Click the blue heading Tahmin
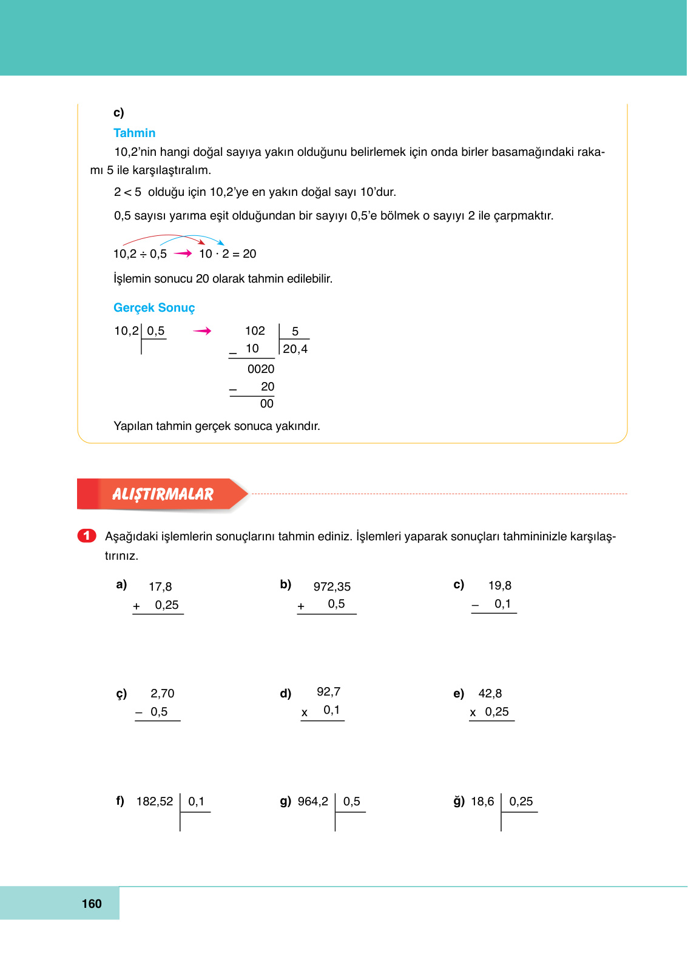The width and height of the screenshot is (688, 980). coord(134,133)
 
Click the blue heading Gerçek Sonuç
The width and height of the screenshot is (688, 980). coord(154,307)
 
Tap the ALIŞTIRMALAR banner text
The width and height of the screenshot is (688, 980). coord(163,494)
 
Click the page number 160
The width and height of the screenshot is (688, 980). coord(92,904)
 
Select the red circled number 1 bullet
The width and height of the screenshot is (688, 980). coord(87,535)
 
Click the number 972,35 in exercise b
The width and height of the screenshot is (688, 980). coord(332,586)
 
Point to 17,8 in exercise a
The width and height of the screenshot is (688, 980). coord(160,586)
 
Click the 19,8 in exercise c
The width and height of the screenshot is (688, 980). coord(499,585)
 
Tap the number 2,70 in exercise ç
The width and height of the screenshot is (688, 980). coord(162,693)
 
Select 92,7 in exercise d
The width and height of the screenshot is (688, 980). coord(328,691)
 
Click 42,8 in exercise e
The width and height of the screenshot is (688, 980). coord(490,693)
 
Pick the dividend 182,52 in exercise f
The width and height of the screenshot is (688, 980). coord(155,801)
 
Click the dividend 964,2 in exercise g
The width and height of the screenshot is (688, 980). coord(313,801)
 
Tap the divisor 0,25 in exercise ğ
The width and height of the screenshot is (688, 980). coord(521,801)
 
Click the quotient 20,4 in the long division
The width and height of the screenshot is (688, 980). coord(295,349)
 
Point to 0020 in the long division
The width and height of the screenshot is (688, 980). coord(261,369)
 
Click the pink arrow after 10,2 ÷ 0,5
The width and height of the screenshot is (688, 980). coord(183,253)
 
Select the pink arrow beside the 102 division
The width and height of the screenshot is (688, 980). coord(202,331)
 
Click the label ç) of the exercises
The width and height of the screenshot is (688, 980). coord(121,694)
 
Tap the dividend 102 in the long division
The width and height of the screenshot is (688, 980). coord(255,331)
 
